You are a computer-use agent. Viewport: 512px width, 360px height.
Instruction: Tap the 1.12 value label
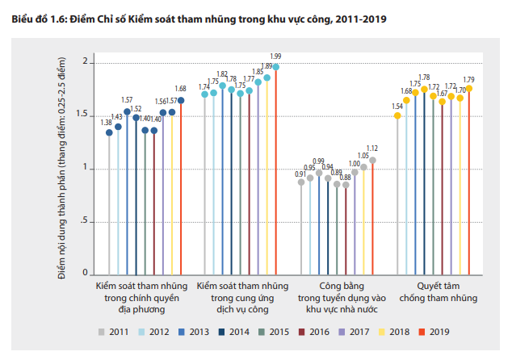pyautogui.click(x=372, y=149)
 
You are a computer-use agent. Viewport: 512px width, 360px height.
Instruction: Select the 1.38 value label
pyautogui.click(x=107, y=123)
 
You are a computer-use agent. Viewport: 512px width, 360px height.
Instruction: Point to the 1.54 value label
pyautogui.click(x=397, y=106)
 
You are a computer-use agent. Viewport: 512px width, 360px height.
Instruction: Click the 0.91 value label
pyautogui.click(x=300, y=174)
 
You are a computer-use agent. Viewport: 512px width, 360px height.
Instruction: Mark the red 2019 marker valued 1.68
pyautogui.click(x=181, y=100)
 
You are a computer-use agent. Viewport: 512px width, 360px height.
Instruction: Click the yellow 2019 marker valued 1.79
pyautogui.click(x=469, y=89)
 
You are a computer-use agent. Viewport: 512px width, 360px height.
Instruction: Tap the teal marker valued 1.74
pyautogui.click(x=205, y=94)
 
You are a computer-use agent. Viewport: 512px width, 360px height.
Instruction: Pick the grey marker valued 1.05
pyautogui.click(x=363, y=167)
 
